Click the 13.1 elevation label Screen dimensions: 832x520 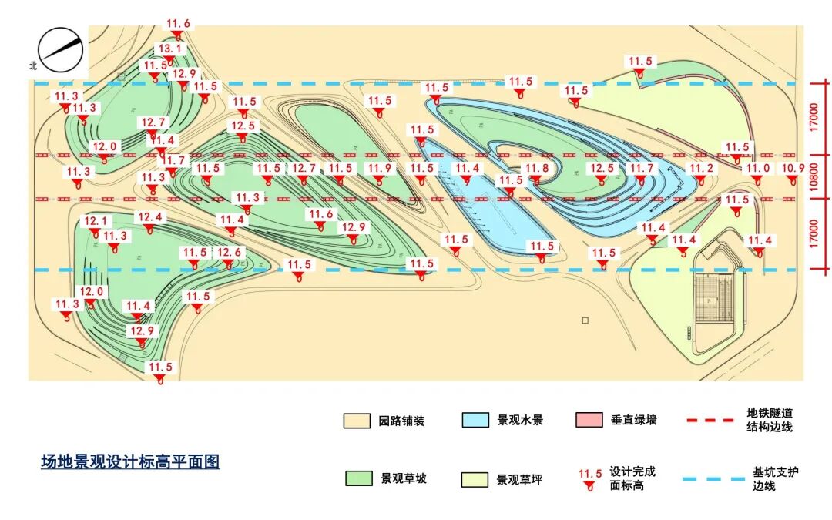click(x=169, y=49)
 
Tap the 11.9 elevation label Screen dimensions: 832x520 click(x=379, y=169)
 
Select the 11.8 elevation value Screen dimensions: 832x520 click(x=537, y=169)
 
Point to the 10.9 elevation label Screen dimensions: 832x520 click(x=793, y=169)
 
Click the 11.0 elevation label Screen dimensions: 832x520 click(x=757, y=169)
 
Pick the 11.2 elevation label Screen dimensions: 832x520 click(x=702, y=169)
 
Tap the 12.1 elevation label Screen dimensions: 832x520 click(x=96, y=221)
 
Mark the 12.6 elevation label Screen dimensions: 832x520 click(x=229, y=253)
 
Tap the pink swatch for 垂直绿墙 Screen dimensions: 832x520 click(x=589, y=420)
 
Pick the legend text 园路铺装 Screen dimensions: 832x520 click(x=401, y=421)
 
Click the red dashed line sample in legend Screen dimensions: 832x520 click(x=710, y=421)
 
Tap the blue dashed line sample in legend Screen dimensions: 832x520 click(x=710, y=479)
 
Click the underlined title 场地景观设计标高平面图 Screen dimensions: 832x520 click(x=130, y=462)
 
